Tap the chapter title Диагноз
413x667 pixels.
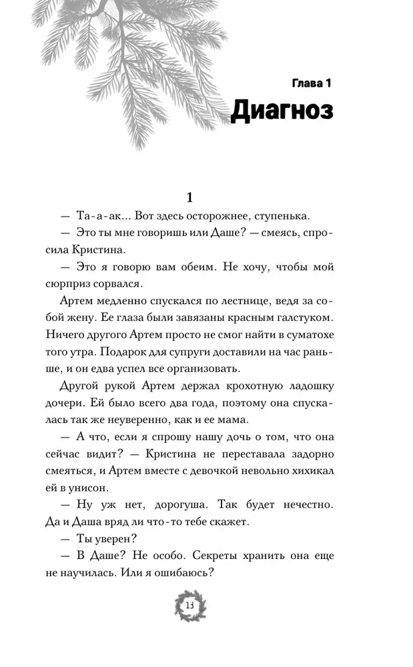click(282, 111)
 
